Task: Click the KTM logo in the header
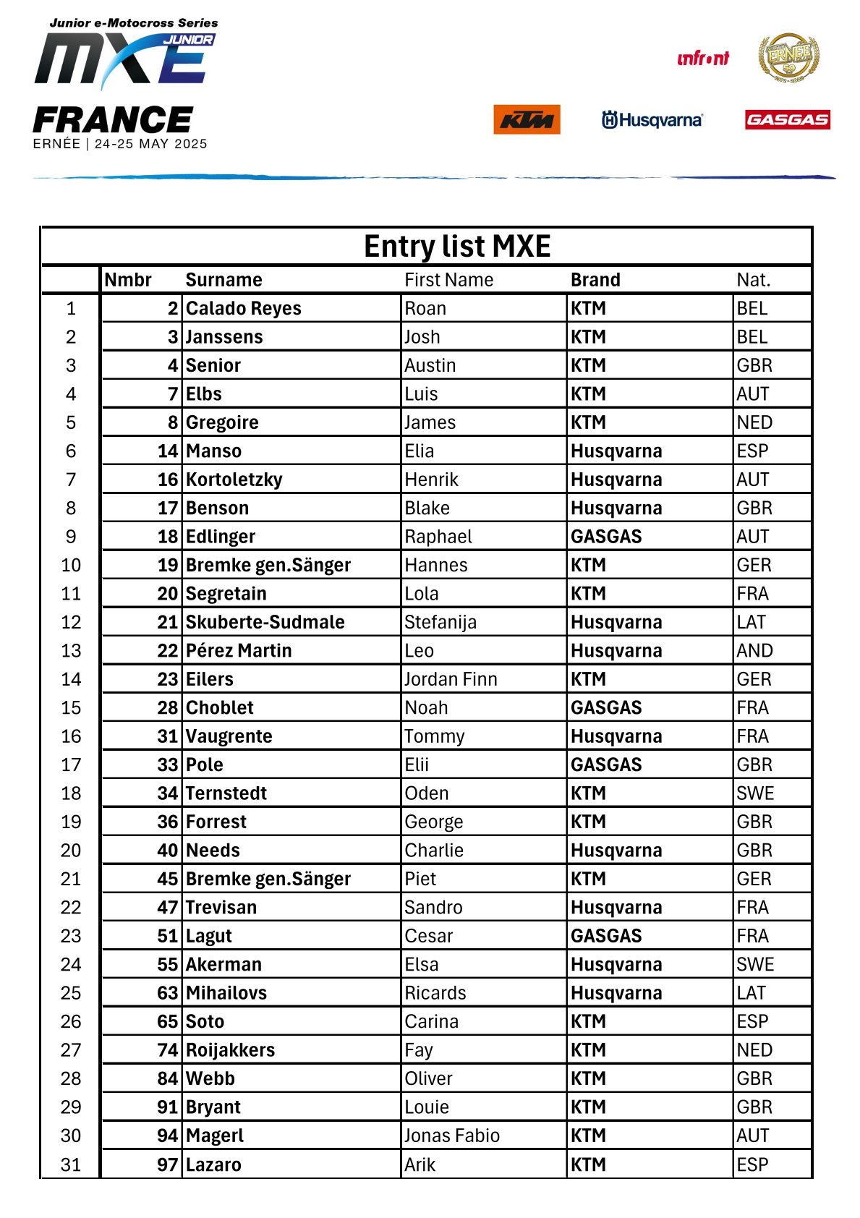pos(527,120)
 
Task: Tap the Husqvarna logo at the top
pos(652,120)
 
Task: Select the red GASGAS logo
pos(787,119)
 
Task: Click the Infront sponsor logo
pos(702,59)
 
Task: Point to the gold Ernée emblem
pos(788,57)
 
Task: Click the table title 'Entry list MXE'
pos(457,247)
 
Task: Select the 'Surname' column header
pos(223,280)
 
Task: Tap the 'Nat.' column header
pos(754,280)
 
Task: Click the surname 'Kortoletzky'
pos(234,480)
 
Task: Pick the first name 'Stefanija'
pos(440,622)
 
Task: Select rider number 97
pos(168,1164)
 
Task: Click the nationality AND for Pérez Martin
pos(754,651)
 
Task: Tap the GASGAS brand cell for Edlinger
pos(606,537)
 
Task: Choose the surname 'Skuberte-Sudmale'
pos(265,622)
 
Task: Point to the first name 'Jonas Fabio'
pos(452,1136)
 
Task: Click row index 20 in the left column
pos(71,851)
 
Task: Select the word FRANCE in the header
pos(114,120)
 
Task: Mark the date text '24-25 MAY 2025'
pos(151,144)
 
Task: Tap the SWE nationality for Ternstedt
pos(755,793)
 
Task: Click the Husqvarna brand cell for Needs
pos(616,851)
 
